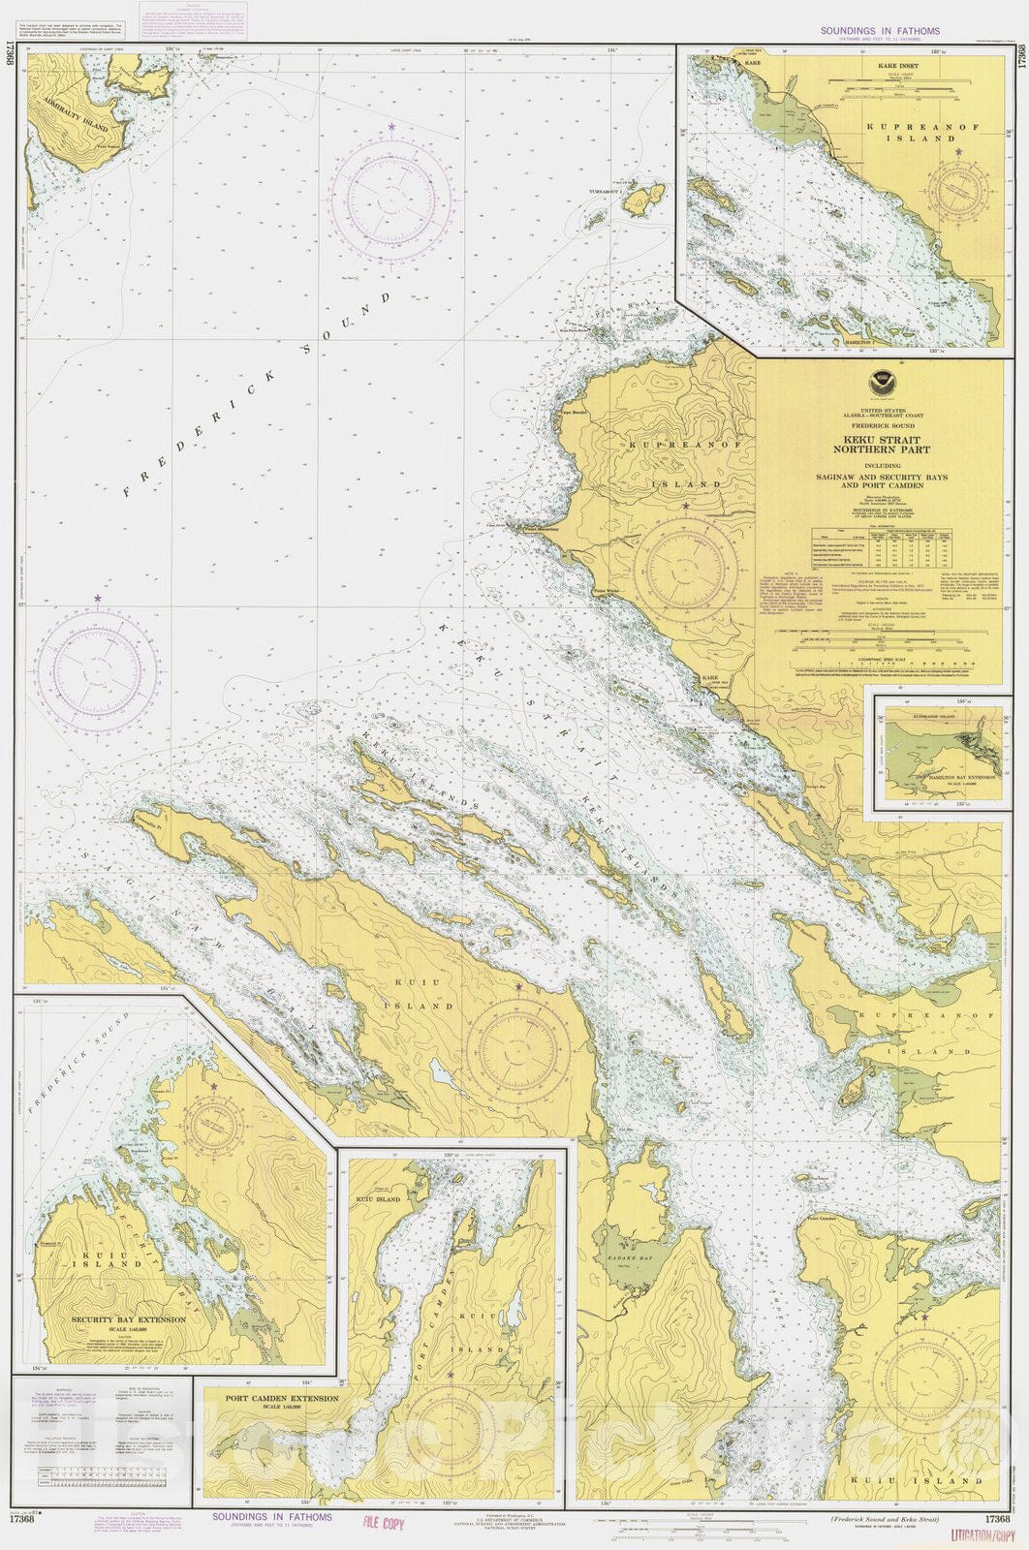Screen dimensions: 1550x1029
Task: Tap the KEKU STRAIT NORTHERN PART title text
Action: (x=880, y=444)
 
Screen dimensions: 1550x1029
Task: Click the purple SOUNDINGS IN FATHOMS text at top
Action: (x=880, y=31)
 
